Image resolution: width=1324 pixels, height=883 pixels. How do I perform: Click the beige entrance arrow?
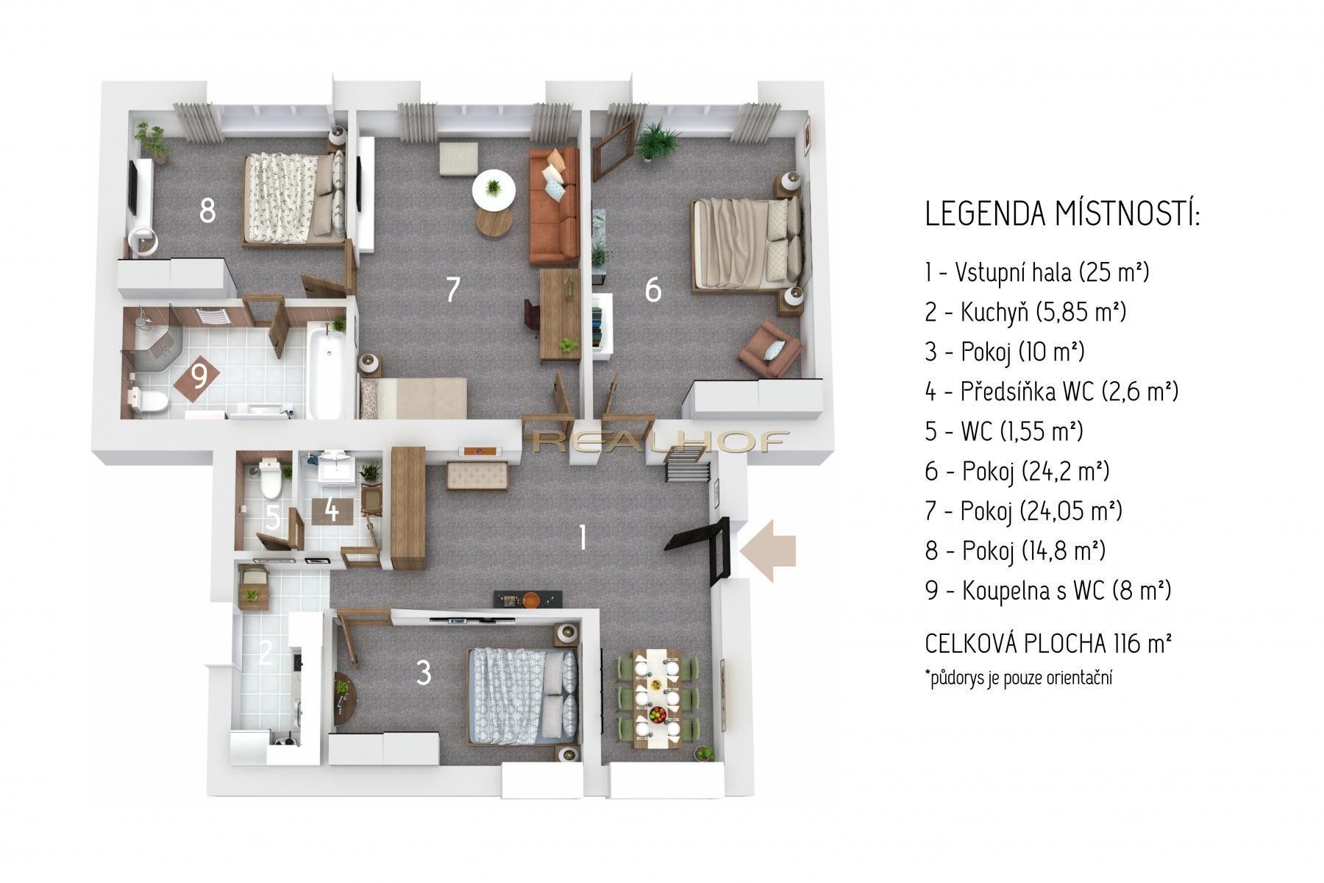[x=769, y=550]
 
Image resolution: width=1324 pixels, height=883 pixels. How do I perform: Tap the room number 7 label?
[x=453, y=289]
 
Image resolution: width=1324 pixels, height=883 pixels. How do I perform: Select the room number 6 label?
[x=652, y=290]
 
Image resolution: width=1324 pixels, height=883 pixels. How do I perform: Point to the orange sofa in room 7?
[x=554, y=206]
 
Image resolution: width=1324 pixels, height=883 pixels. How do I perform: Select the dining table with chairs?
[x=657, y=697]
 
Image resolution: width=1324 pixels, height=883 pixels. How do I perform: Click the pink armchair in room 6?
[x=769, y=348]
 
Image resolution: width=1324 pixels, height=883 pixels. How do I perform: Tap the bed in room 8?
[x=293, y=197]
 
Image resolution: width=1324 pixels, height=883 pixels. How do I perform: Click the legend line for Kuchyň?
[x=1025, y=312]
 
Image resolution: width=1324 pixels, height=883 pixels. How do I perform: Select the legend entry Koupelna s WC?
[x=1047, y=590]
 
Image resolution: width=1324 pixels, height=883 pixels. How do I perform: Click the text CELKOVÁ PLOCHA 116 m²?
[x=1047, y=644]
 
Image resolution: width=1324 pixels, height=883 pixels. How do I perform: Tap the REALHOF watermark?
[x=658, y=441]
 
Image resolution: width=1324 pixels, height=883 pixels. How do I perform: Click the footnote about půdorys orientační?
[x=1018, y=677]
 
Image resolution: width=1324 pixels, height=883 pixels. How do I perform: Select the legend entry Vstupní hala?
[x=1036, y=272]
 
